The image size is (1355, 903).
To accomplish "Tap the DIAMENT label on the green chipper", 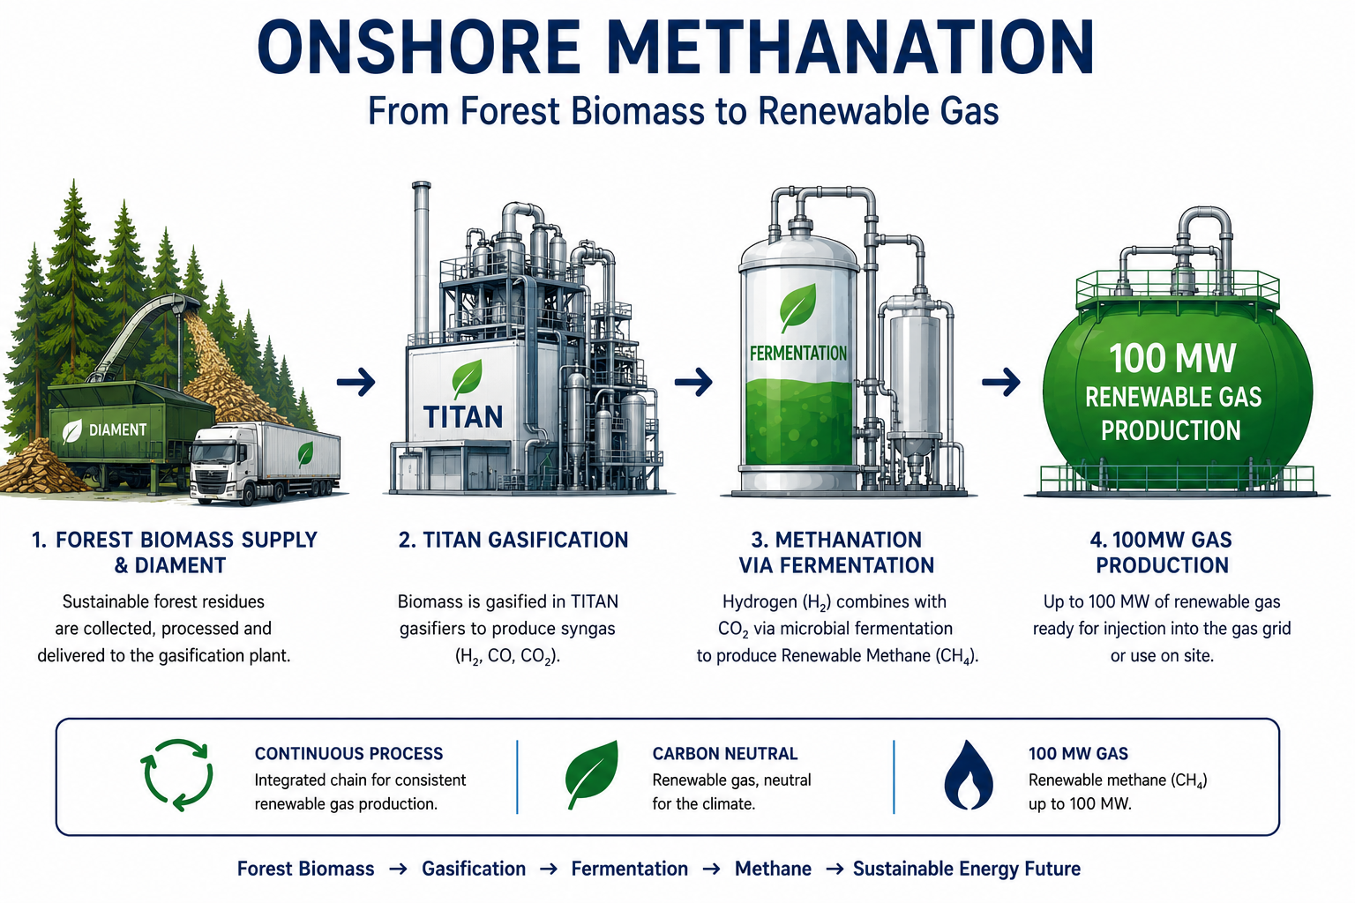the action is coord(117,430).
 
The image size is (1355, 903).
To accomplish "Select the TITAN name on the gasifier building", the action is coord(463,417).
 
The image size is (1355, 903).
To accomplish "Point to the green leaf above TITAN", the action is coord(467,378).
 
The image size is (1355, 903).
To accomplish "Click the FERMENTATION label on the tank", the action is coord(797,354).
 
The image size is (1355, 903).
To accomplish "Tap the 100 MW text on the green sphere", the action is coord(1172,359).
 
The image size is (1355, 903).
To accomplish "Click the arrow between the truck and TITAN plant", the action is coord(356,382).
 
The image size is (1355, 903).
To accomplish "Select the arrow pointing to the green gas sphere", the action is coord(1001,382).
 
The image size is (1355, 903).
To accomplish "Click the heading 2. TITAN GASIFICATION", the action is coord(513,540).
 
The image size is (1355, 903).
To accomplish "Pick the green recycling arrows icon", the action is coord(176,775).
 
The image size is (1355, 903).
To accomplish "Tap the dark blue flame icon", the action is coord(969,775).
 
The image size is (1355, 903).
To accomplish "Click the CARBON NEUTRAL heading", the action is coord(724,754).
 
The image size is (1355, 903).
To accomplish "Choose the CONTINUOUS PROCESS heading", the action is coord(349,754).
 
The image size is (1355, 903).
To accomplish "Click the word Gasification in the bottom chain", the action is coord(474,869).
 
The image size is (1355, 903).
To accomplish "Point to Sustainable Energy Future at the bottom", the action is coord(967,869).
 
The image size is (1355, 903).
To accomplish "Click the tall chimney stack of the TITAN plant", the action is coord(421,260).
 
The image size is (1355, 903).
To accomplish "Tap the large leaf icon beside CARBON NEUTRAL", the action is coord(592,774).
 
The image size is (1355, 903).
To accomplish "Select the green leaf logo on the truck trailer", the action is coord(305,454).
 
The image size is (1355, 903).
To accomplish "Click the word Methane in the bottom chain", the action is coord(773,869).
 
